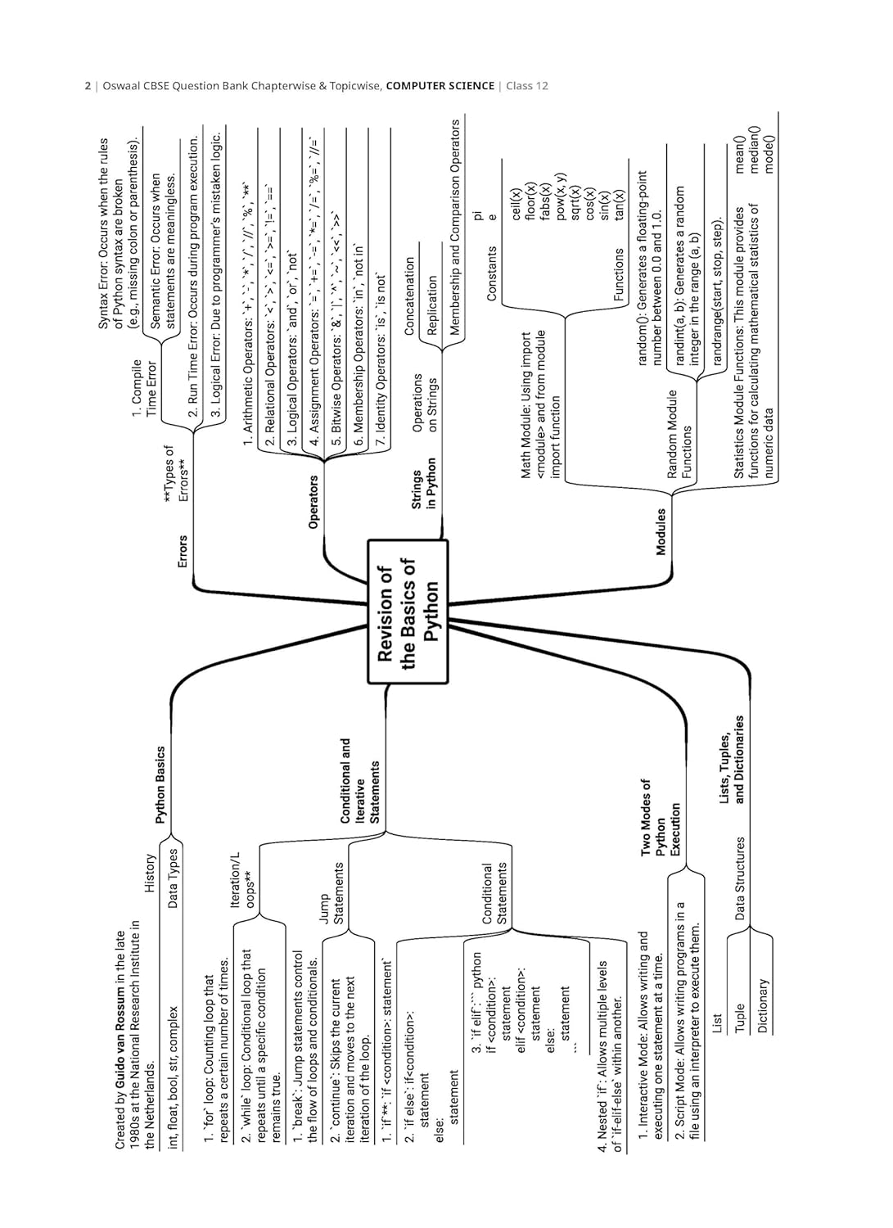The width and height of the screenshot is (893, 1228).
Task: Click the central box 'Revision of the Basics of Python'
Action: [x=408, y=611]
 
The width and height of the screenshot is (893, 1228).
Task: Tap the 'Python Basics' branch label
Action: [x=160, y=784]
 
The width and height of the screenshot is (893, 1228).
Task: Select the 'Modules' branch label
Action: [x=661, y=531]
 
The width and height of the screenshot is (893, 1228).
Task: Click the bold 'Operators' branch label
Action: [x=313, y=501]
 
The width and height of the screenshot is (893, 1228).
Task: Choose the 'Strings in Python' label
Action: [x=424, y=490]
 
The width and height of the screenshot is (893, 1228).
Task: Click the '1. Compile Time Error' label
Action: [x=144, y=388]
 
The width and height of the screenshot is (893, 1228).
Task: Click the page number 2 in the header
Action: [x=88, y=86]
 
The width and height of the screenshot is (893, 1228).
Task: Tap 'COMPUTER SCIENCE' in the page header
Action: [x=440, y=86]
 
